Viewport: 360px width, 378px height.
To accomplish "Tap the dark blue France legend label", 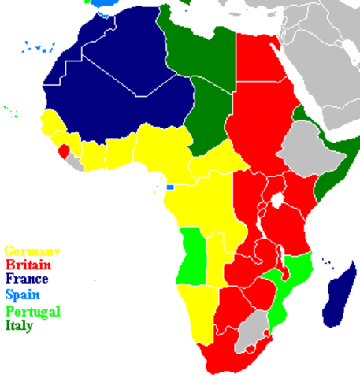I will point(27,280).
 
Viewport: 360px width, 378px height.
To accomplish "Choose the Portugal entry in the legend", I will point(32,310).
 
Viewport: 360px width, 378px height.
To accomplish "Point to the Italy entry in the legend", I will point(20,324).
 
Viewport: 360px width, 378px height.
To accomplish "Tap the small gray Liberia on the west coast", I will point(74,161).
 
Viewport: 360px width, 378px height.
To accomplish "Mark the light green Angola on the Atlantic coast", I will point(191,256).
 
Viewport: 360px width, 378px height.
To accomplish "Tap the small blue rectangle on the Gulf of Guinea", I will point(169,187).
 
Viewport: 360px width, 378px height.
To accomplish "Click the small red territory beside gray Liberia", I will point(63,150).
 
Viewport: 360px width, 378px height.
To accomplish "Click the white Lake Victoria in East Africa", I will point(276,198).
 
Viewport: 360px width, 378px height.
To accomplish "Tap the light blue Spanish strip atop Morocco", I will point(102,3).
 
